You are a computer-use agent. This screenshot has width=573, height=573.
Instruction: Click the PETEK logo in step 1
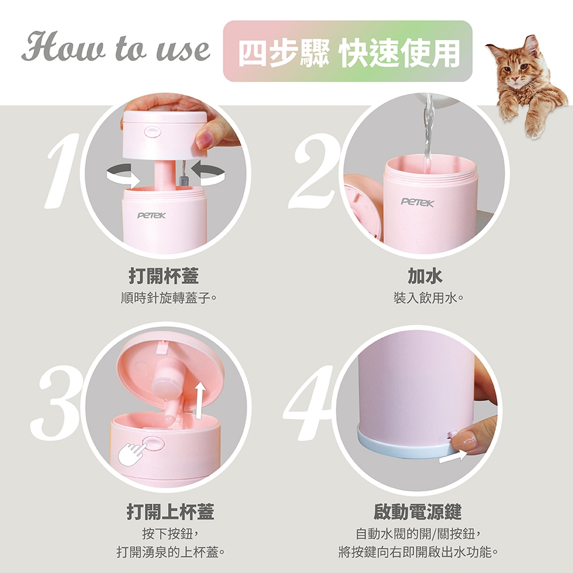151,215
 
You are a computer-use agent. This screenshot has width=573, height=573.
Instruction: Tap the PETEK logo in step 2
418,202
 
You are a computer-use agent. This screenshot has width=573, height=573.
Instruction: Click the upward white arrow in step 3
199,400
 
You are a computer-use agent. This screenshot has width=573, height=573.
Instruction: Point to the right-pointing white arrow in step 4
453,457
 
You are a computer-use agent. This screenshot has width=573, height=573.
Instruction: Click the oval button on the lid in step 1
152,131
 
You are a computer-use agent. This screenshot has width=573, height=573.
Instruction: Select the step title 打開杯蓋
164,276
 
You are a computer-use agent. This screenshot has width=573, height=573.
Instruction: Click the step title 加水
425,276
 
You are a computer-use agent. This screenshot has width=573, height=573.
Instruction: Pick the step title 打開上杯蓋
170,512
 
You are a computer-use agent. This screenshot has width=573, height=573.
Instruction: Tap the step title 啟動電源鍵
417,512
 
